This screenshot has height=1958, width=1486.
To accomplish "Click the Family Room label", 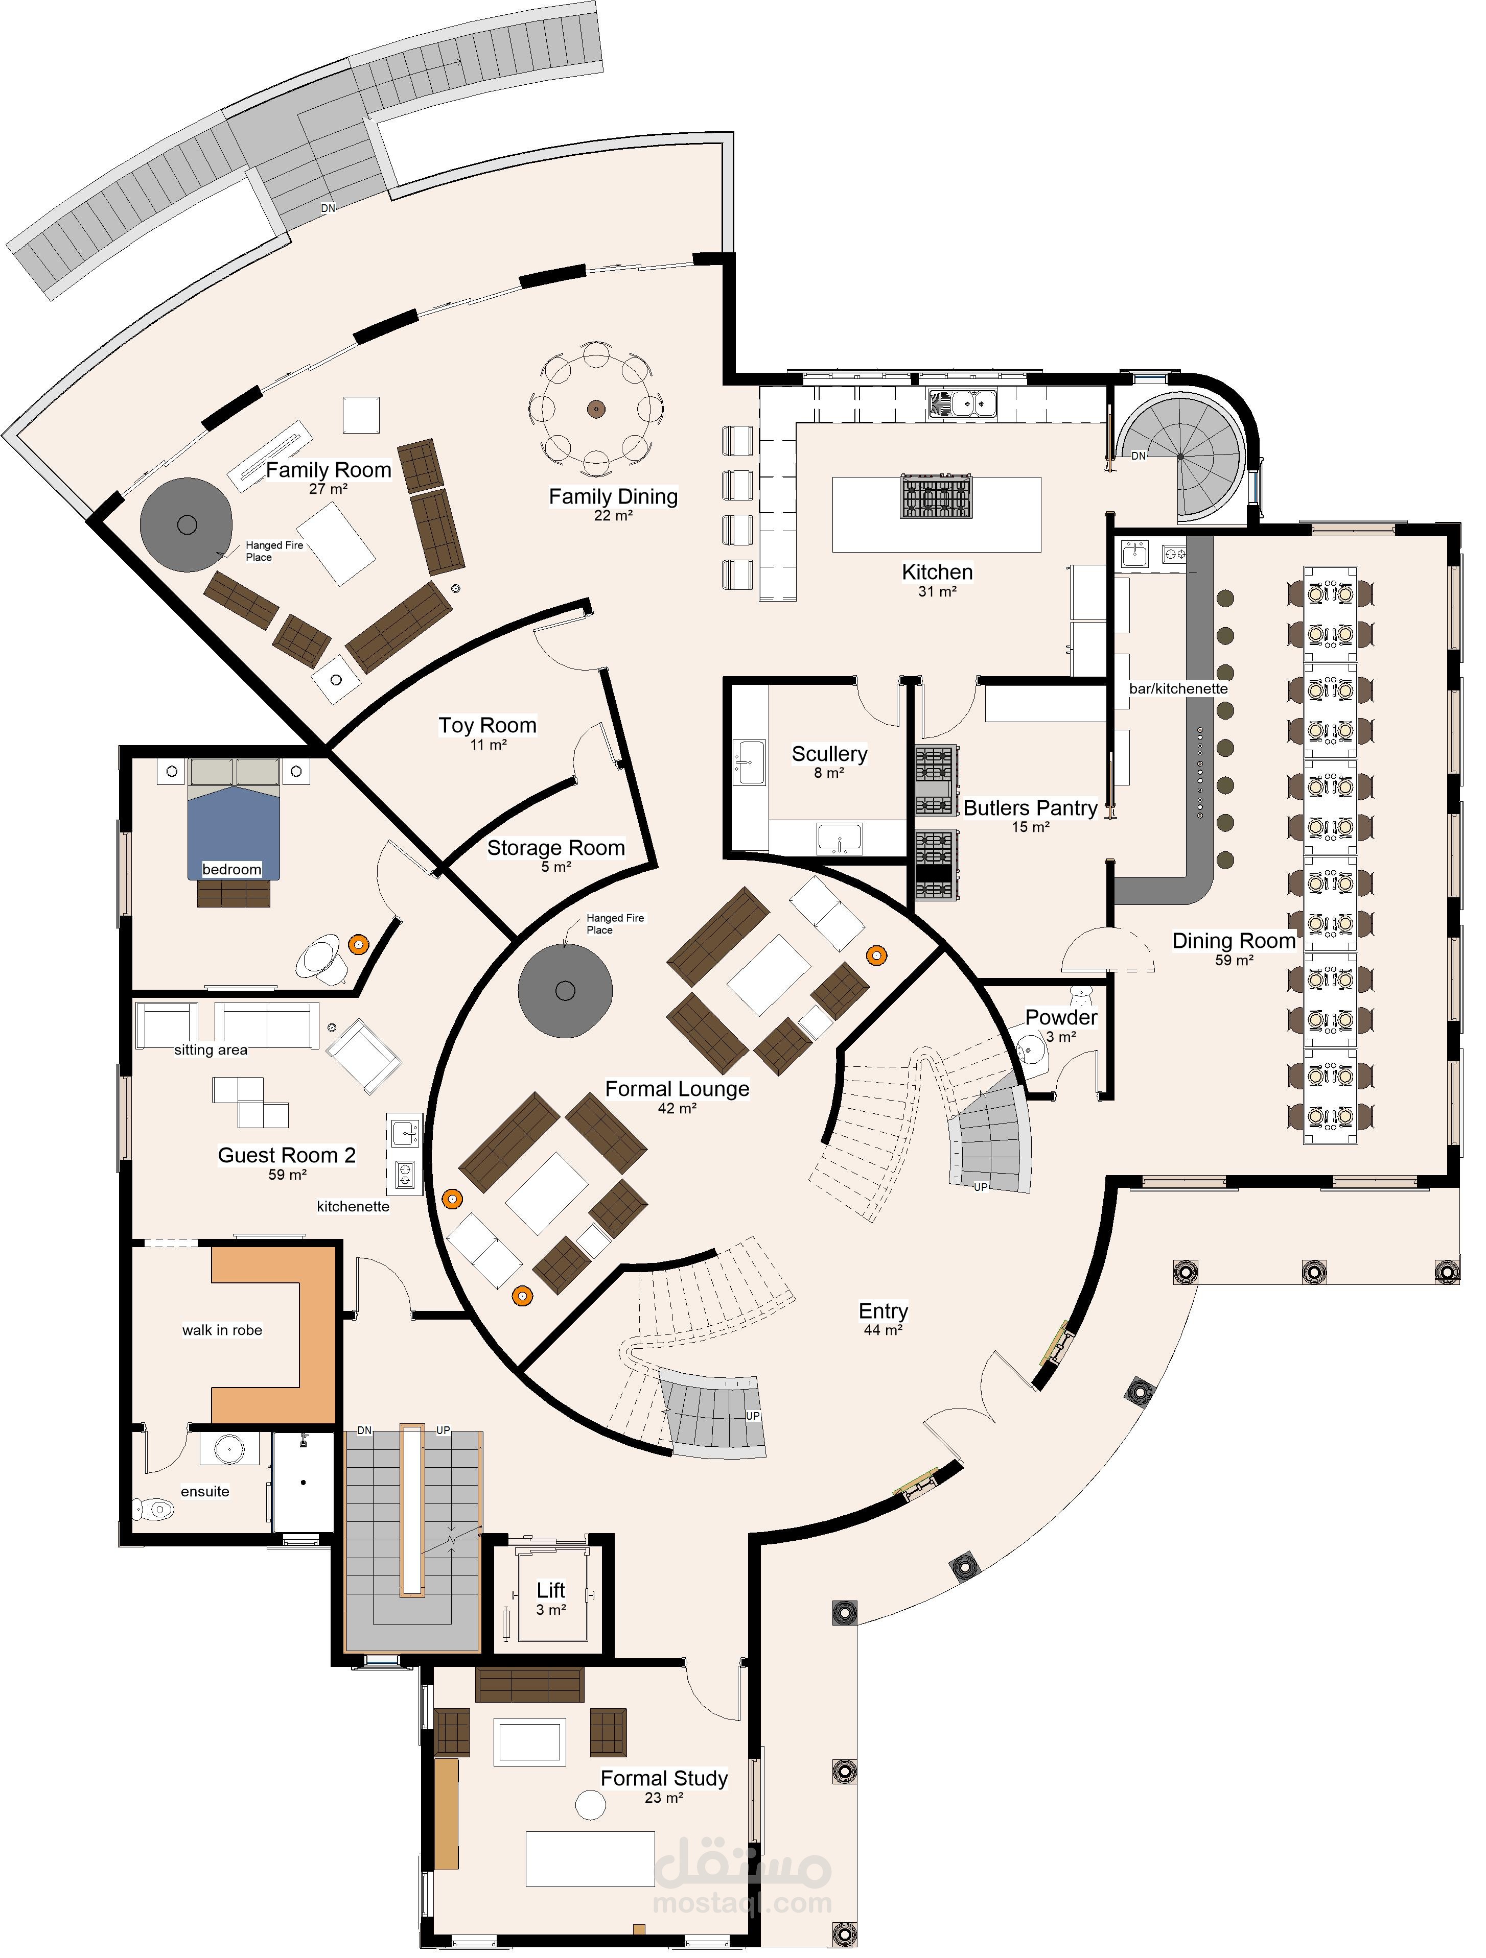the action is (329, 470).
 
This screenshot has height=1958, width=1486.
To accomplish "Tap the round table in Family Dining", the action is (596, 409).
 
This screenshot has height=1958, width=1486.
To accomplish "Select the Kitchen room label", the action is (937, 572).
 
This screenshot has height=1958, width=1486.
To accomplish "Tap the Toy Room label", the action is (488, 725).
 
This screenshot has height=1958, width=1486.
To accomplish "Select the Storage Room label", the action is (556, 847).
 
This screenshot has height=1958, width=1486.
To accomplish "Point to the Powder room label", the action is (1061, 1017).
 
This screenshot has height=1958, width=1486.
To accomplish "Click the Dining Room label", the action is (1234, 940).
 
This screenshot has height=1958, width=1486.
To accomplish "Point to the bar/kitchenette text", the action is (1178, 688).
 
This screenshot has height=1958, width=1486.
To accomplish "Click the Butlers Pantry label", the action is (1030, 807).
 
